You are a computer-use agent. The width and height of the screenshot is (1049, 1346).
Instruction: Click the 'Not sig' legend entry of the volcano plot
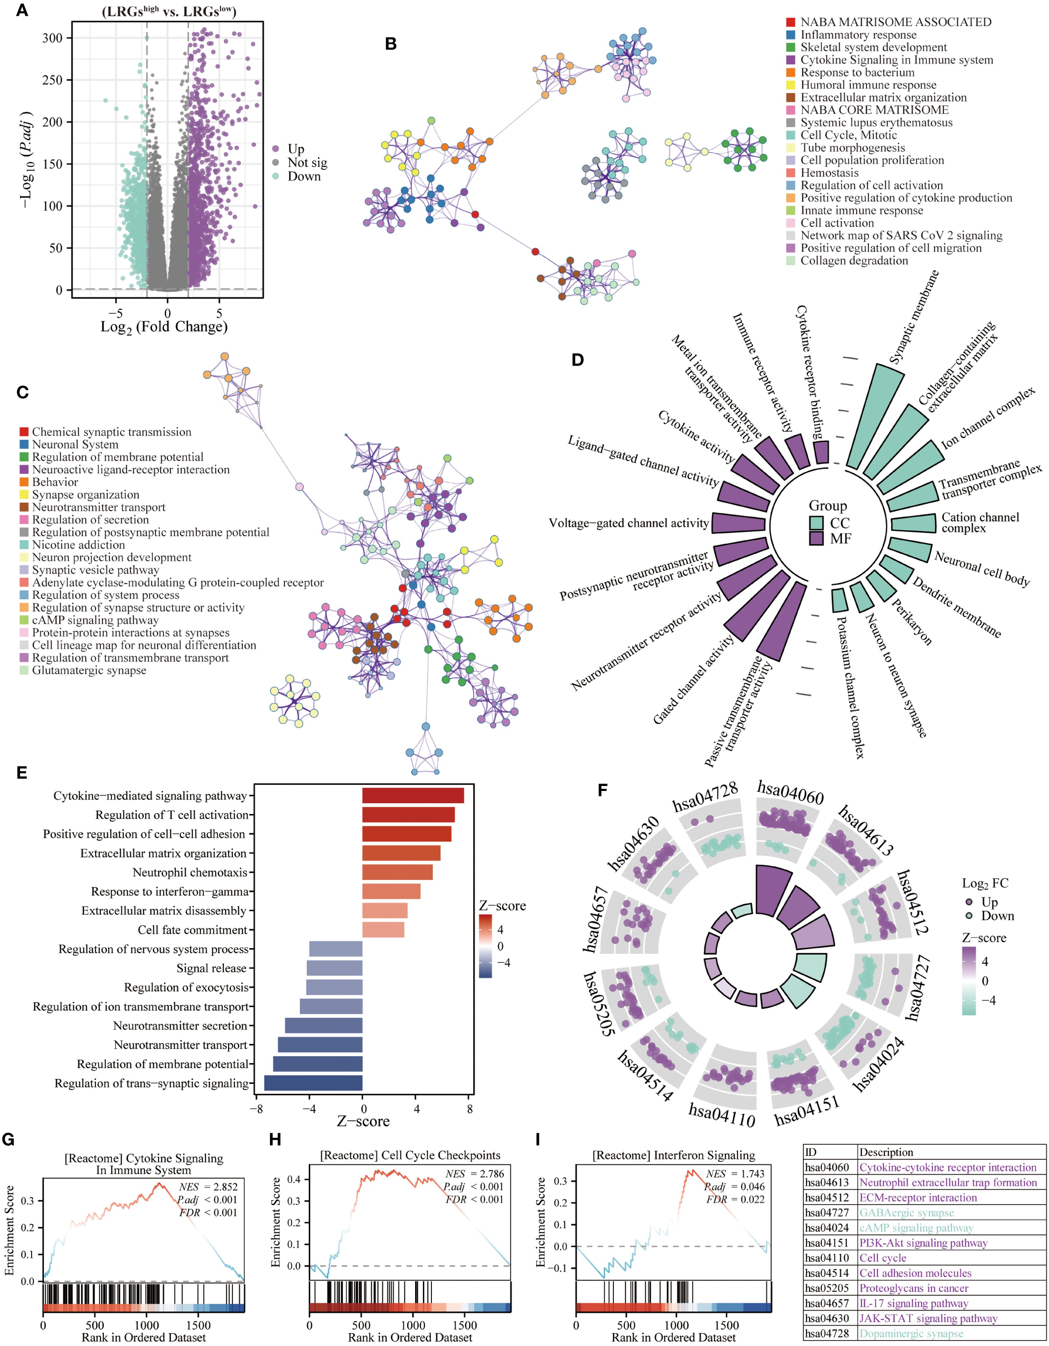[x=307, y=163]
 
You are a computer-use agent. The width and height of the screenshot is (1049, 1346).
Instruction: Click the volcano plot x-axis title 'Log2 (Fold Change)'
[x=164, y=327]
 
